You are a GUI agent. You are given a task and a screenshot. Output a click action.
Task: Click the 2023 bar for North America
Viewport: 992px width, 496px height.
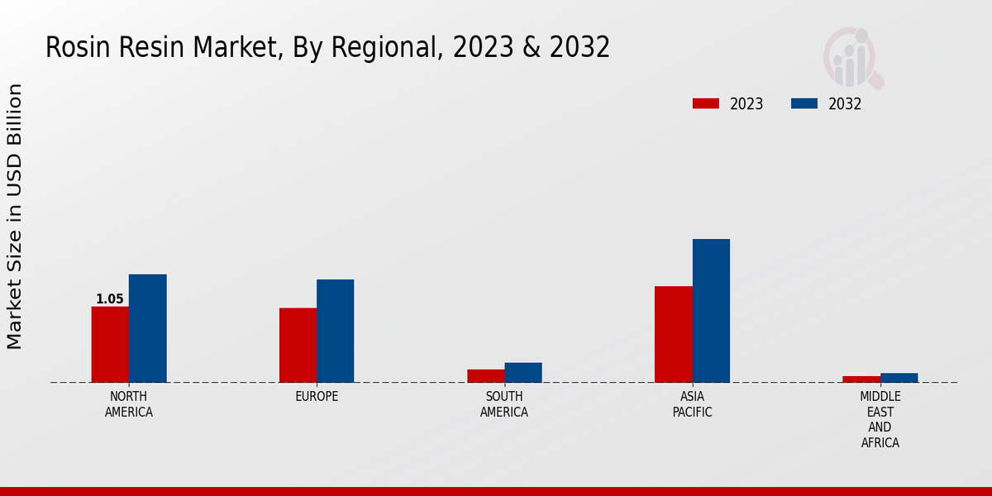coord(110,344)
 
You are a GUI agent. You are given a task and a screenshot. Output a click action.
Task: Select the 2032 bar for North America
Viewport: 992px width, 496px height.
coord(147,328)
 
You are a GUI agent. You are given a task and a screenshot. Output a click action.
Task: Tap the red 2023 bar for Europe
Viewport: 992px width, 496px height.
coord(298,345)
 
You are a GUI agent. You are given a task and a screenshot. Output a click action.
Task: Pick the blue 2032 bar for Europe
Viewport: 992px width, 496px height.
coord(335,331)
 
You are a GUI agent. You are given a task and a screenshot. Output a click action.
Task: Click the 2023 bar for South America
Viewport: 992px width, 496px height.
coord(485,376)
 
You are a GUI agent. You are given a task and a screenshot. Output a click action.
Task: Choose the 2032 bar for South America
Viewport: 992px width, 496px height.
coord(523,373)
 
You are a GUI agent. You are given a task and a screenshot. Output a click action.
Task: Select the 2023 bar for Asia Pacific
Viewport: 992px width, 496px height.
coord(673,334)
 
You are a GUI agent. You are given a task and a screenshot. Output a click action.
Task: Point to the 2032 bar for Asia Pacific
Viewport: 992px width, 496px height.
coord(711,311)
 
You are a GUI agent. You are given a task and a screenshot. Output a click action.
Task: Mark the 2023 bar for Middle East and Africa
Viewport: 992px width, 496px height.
coord(861,379)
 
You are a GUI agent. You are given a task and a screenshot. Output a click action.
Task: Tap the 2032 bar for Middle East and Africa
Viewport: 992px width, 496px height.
coord(899,378)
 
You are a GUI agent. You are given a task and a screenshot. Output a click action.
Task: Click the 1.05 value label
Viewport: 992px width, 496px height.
coord(109,299)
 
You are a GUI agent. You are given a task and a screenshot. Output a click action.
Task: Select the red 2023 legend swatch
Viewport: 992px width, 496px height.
coord(705,103)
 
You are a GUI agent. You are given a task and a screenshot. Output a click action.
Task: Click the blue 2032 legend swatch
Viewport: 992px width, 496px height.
coord(804,103)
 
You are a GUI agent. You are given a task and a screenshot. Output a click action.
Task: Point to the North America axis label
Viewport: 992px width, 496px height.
coord(129,404)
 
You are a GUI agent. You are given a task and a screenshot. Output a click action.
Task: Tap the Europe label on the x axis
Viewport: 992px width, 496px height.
coord(317,397)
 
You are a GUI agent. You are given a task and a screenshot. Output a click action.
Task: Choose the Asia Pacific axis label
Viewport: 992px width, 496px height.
coord(692,404)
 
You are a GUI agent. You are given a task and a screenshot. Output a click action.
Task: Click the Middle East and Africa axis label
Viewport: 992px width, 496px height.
coord(880,420)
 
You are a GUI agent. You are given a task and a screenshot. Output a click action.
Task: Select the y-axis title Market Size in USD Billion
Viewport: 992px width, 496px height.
coord(15,217)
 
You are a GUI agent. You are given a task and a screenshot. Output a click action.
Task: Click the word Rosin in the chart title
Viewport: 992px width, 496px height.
coord(74,48)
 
